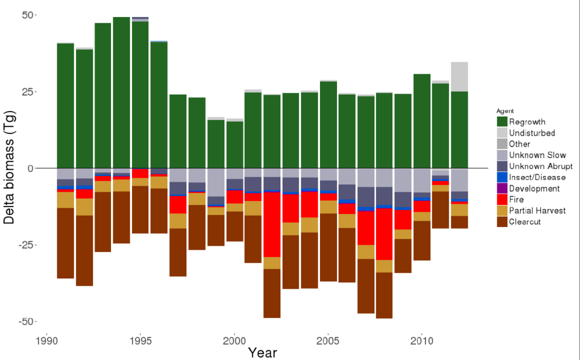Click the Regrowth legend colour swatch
pyautogui.click(x=502, y=122)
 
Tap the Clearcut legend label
pyautogui.click(x=524, y=222)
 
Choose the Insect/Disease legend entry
pyautogui.click(x=536, y=177)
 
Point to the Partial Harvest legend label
pyautogui.click(x=537, y=211)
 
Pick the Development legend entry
pyautogui.click(x=534, y=188)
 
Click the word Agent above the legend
pyautogui.click(x=505, y=111)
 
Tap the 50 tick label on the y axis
pyautogui.click(x=27, y=15)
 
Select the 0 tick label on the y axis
pyautogui.click(x=31, y=168)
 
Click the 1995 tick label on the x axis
pyautogui.click(x=140, y=341)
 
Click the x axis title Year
pyautogui.click(x=262, y=353)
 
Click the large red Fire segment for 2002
pyautogui.click(x=272, y=225)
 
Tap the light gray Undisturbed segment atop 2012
pyautogui.click(x=459, y=76)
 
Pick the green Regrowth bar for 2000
pyautogui.click(x=234, y=144)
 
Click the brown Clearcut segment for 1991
pyautogui.click(x=66, y=243)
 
